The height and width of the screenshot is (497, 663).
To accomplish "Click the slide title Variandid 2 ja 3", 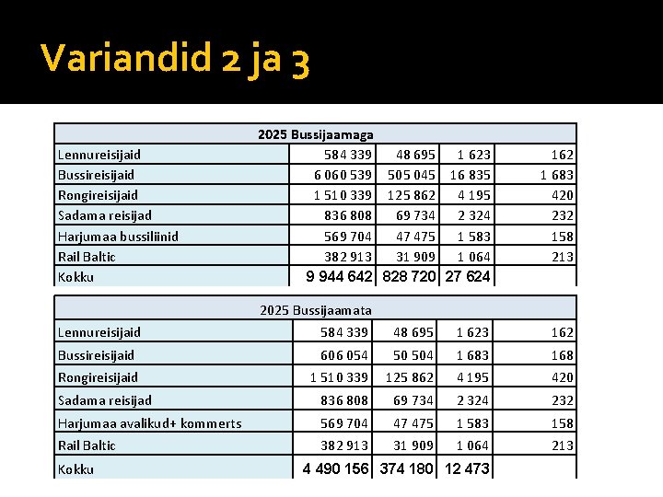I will (x=175, y=61).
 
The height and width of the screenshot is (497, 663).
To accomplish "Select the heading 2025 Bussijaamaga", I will (x=315, y=134).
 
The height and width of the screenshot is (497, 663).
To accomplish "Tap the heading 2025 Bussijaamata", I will (x=316, y=310).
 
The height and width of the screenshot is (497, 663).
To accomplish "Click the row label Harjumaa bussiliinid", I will (x=118, y=237).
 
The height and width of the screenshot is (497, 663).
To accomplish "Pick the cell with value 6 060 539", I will (x=343, y=175).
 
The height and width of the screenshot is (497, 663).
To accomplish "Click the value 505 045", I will (x=412, y=175).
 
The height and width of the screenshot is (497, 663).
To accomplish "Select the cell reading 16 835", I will (x=470, y=175).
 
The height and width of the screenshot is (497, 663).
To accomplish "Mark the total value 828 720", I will (x=409, y=277).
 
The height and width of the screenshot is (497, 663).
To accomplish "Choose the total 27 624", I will (x=468, y=277).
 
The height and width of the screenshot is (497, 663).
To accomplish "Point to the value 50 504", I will (x=414, y=355).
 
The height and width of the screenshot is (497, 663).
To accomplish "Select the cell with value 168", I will (x=562, y=355).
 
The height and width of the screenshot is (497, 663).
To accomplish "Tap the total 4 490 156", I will (x=337, y=469).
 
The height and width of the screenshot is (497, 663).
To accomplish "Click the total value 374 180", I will (x=407, y=469).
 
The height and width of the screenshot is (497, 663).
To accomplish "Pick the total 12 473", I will (x=467, y=469).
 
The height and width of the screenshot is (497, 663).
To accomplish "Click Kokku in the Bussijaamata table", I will (x=76, y=469).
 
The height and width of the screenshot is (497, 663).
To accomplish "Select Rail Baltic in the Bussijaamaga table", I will (x=87, y=257).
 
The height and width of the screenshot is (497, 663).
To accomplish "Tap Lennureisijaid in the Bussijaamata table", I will (x=99, y=332).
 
